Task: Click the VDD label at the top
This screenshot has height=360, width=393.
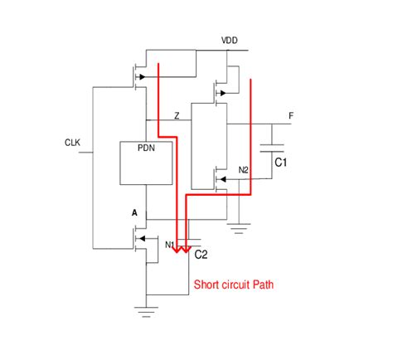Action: pos(230,41)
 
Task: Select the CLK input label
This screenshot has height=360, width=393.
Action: pos(73,142)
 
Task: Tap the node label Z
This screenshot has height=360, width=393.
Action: pos(177,115)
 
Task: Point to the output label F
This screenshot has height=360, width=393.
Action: pos(290,115)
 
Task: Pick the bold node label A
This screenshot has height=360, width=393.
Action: pos(133,213)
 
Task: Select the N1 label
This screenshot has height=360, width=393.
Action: pos(170,245)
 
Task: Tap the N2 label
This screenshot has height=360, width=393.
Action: pos(243,170)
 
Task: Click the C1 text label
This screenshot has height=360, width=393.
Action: pos(281,163)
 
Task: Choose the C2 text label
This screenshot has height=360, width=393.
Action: pos(201,254)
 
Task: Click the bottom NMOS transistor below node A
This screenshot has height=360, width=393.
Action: pos(137,241)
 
